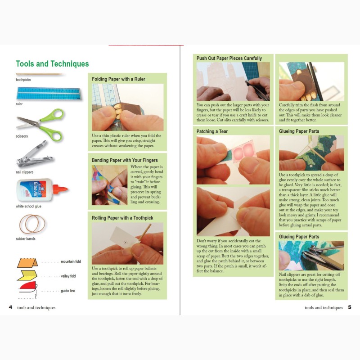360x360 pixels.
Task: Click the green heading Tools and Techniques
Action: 52,63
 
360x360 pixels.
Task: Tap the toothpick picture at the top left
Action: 40,74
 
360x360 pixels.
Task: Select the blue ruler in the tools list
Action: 49,94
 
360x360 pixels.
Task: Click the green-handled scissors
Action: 40,125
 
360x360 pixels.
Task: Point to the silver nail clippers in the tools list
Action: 35,154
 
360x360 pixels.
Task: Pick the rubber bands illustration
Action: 32,224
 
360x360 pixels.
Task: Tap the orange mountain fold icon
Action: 27,263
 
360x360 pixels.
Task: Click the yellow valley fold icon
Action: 27,275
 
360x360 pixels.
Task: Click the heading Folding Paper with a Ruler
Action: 118,79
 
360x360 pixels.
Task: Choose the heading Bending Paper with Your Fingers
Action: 125,160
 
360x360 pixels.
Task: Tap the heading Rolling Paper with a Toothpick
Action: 122,218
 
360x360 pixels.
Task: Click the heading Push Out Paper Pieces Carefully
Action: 229,58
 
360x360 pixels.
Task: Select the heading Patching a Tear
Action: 212,131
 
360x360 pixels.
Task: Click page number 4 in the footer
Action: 10,307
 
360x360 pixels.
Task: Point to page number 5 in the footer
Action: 350,307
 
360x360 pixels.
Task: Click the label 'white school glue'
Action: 28,206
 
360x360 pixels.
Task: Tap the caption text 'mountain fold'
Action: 71,261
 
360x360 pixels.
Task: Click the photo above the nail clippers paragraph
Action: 311,256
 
